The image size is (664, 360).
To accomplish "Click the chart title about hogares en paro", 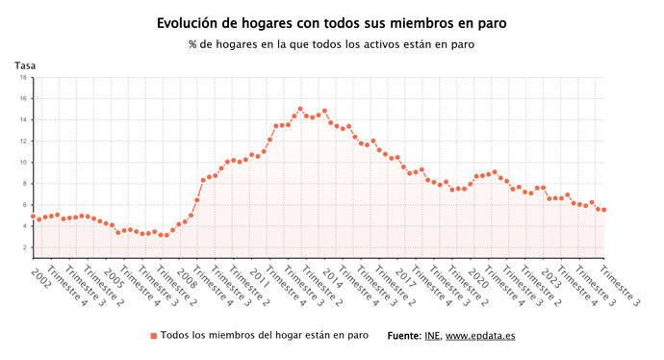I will coord(332,21).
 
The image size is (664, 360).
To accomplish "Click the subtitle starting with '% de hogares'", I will coord(332,43).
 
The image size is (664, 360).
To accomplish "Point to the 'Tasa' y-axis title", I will coord(24,65).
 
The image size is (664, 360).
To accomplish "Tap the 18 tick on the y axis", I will coord(22,78).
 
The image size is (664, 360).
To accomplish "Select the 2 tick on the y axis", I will coord(23,247).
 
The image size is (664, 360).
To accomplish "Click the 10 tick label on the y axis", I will coord(22,163).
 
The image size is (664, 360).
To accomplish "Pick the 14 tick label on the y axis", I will coord(22,120).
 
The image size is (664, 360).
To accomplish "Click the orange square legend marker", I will coord(152,336).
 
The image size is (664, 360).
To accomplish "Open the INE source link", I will coord(432,336).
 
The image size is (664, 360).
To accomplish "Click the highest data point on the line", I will coord(300,109).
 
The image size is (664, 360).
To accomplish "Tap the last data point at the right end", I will coord(603,210).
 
